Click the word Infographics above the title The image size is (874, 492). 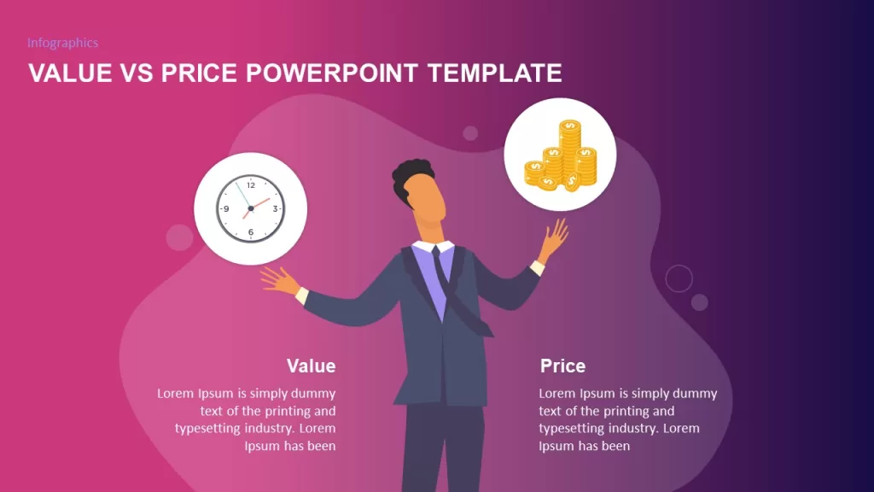coord(63,43)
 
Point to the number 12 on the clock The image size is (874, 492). coord(251,185)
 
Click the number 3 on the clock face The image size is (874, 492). coord(275,208)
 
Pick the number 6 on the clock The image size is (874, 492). coord(251,232)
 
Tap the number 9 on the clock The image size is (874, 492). coord(226,208)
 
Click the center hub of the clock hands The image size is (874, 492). coord(251,208)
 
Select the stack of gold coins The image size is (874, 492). coord(561,155)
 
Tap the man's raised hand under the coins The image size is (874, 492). coord(554,237)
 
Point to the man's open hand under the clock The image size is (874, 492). coord(280,279)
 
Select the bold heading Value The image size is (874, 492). coord(311,366)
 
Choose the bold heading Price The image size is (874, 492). coord(563,366)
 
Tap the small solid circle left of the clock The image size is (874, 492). coord(179,237)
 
